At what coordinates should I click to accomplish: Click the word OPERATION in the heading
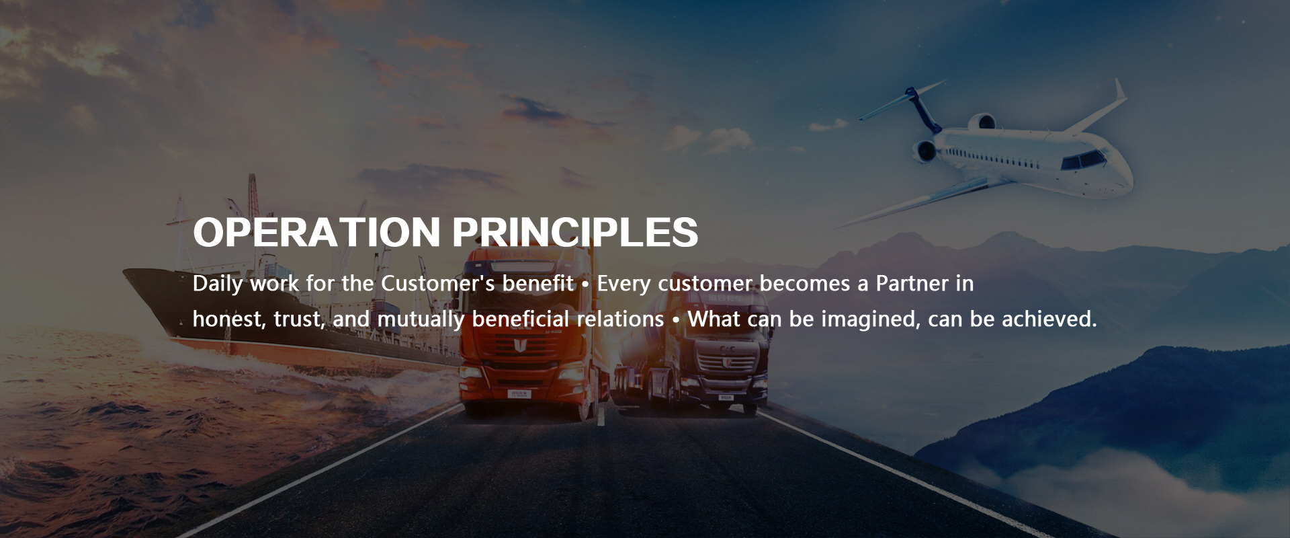316,232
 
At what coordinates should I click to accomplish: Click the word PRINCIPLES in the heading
575,232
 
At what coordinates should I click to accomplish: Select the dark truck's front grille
723,363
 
